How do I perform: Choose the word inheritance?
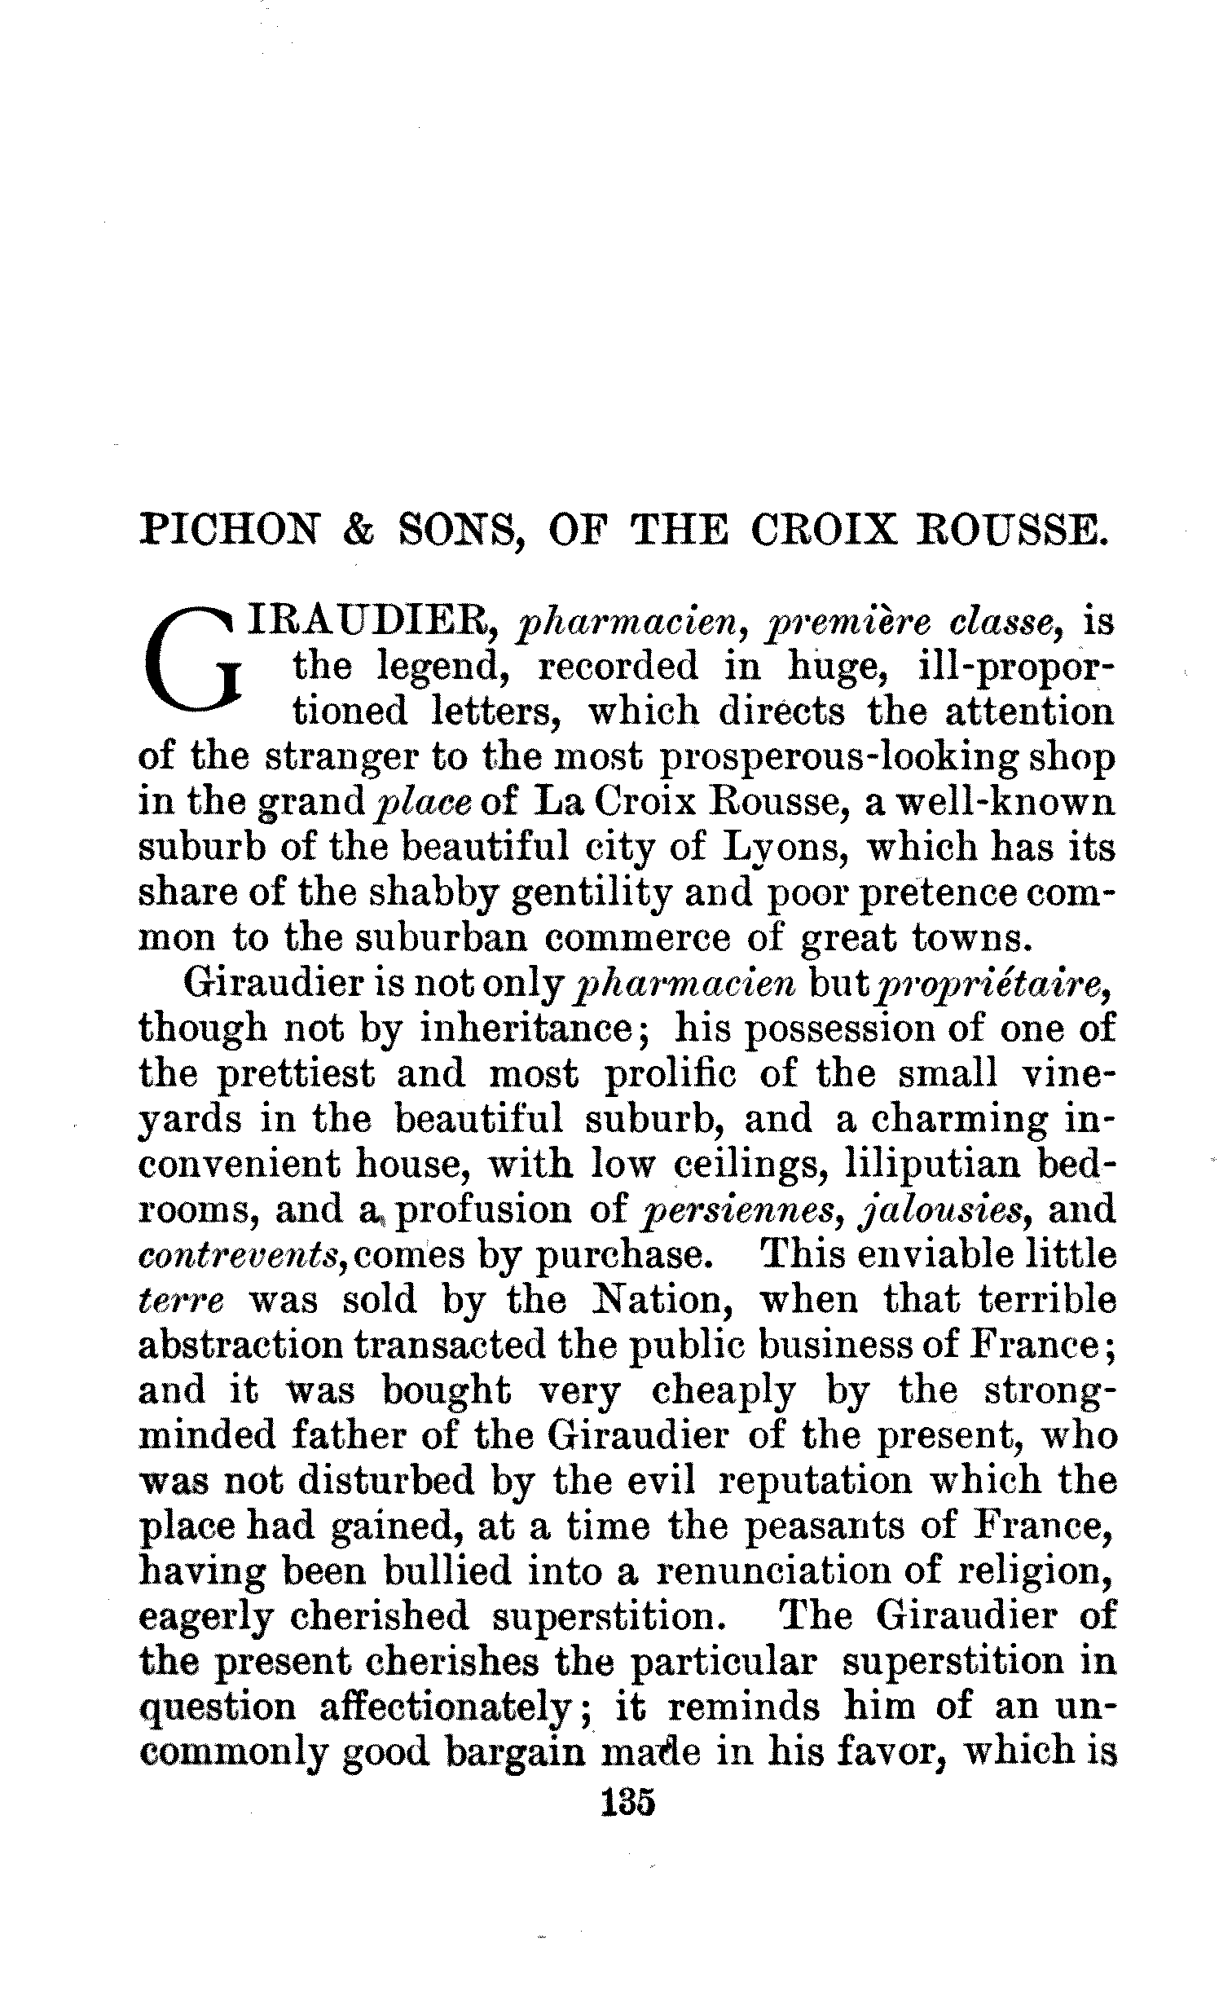[x=526, y=1029]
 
